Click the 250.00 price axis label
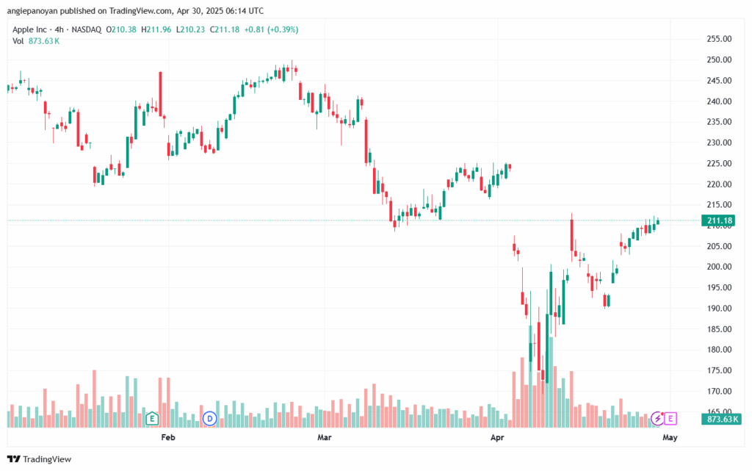click(x=719, y=60)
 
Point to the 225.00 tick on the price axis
click(x=719, y=164)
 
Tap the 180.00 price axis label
click(x=719, y=350)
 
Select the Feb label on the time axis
click(x=168, y=437)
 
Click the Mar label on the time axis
click(x=325, y=437)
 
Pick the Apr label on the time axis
click(x=497, y=437)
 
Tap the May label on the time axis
click(x=670, y=437)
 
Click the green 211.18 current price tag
click(x=719, y=220)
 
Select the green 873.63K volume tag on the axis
click(x=721, y=420)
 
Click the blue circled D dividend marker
click(x=209, y=419)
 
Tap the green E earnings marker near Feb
click(x=152, y=419)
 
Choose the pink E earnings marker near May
click(x=670, y=419)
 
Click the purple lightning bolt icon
click(x=657, y=419)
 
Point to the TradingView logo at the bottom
click(x=40, y=459)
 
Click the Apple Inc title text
click(x=29, y=29)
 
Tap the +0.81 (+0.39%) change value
click(x=271, y=29)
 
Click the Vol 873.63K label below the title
click(x=36, y=41)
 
